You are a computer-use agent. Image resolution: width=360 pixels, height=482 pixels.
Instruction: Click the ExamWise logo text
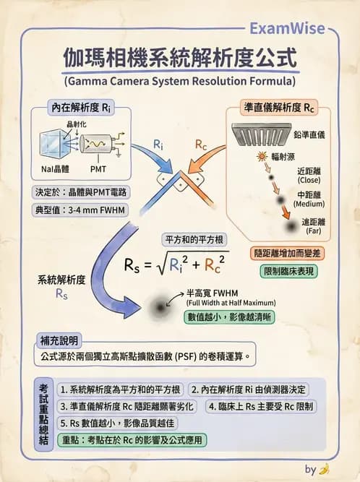click(290, 28)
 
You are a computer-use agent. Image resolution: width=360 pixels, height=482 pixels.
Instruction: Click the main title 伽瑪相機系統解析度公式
click(179, 56)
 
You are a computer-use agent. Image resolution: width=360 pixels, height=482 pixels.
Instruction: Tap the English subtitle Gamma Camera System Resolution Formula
click(180, 80)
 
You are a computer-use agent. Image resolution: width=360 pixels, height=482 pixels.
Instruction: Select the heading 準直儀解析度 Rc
click(280, 108)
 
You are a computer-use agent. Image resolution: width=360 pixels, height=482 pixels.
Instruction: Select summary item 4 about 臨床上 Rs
click(261, 405)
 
